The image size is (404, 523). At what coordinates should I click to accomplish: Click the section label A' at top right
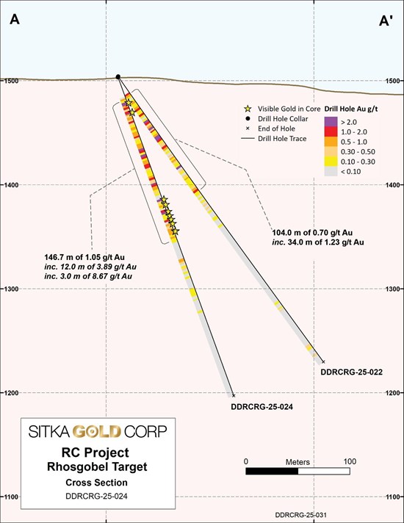(386, 22)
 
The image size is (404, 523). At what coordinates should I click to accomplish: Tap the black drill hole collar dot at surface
(118, 76)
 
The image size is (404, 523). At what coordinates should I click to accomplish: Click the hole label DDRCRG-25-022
(351, 372)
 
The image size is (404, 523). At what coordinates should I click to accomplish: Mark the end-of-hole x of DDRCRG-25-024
(233, 394)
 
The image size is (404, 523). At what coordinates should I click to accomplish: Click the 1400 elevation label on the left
(11, 184)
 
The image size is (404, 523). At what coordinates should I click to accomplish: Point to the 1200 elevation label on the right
(394, 393)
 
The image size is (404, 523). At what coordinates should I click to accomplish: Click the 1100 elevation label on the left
(11, 497)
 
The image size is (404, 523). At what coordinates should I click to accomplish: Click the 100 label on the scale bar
(349, 461)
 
